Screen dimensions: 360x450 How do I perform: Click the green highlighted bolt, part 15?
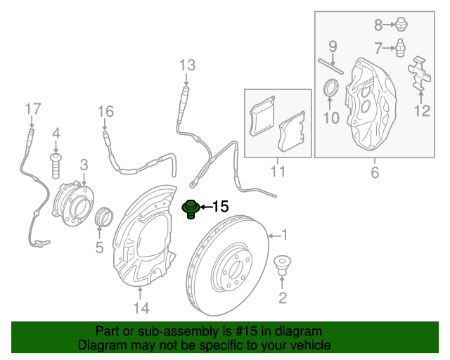190,210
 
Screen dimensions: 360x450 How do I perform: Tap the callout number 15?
220,207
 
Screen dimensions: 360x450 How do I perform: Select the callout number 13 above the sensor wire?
186,66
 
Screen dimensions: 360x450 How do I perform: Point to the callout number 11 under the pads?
277,171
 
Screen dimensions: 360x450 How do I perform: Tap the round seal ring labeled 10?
330,89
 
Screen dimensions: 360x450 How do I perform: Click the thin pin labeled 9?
330,67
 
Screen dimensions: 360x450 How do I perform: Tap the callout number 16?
105,111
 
